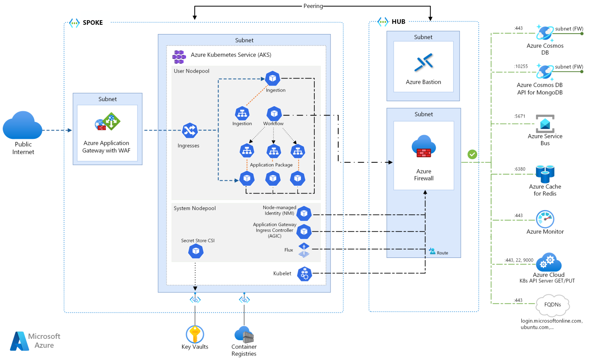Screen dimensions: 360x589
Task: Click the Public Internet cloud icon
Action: click(x=23, y=128)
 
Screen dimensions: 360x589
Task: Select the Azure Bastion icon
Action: click(x=423, y=63)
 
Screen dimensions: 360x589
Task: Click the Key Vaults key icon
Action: click(x=195, y=334)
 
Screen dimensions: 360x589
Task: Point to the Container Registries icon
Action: click(x=244, y=334)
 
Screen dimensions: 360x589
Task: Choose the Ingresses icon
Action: click(x=190, y=131)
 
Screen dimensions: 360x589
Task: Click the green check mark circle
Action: click(x=472, y=154)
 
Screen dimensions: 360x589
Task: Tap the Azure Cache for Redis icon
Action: click(x=545, y=173)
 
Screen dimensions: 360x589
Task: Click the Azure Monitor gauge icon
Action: click(x=545, y=219)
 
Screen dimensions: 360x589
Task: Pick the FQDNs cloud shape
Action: click(x=553, y=305)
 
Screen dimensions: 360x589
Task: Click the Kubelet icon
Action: click(x=304, y=274)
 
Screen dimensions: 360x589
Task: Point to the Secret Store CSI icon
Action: click(x=196, y=251)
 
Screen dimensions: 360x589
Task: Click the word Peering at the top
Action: click(x=313, y=6)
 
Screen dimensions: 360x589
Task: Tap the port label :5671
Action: click(x=520, y=116)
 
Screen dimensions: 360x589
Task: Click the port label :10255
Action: click(x=521, y=66)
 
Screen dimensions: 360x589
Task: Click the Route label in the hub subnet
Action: click(x=442, y=253)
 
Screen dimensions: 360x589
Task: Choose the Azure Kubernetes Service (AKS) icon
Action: click(x=179, y=57)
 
